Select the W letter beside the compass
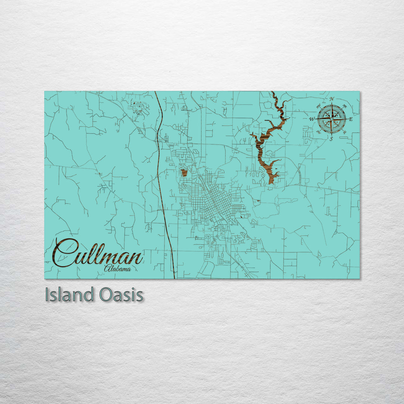[x=312, y=119]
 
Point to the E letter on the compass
[x=351, y=119]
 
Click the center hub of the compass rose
[x=331, y=119]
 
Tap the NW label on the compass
[x=318, y=106]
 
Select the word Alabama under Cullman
[x=117, y=268]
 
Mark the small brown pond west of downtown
[x=184, y=172]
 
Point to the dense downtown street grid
[x=219, y=204]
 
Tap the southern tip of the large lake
[x=270, y=182]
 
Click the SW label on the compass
[x=318, y=132]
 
